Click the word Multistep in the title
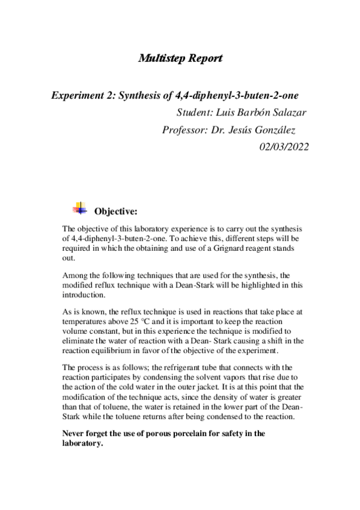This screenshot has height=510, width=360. tap(157, 58)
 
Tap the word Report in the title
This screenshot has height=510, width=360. tap(203, 58)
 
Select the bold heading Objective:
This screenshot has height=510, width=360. tap(116, 211)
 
